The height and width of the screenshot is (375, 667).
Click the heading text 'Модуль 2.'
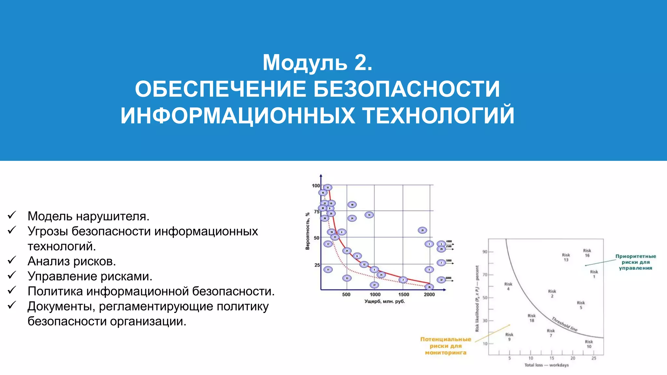tap(317, 62)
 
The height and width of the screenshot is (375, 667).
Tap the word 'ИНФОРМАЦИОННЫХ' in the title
tap(238, 116)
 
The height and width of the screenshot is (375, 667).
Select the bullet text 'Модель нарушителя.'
tap(88, 216)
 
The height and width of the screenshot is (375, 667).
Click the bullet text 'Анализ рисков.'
tap(72, 261)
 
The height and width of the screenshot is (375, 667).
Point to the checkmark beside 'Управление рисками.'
tap(12, 275)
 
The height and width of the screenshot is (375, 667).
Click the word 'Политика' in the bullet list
tap(55, 291)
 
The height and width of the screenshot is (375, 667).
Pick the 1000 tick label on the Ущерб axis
tap(375, 295)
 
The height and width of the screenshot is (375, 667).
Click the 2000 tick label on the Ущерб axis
tap(429, 295)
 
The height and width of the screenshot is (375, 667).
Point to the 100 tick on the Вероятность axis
tap(316, 186)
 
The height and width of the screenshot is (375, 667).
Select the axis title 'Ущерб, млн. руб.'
tap(385, 301)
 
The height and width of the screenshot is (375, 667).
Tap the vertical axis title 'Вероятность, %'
tap(307, 231)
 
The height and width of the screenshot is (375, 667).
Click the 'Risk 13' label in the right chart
tap(566, 257)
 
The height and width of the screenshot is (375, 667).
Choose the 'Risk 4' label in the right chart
tap(508, 286)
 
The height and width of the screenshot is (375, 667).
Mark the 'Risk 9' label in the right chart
tap(509, 337)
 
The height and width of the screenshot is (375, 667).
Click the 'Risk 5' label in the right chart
tap(581, 305)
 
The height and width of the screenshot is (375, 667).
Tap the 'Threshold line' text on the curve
tap(564, 324)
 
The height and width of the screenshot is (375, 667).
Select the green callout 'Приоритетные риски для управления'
tap(635, 262)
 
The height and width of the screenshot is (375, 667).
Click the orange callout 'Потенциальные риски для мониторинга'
tap(446, 346)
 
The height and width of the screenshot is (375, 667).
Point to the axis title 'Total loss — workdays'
tap(546, 365)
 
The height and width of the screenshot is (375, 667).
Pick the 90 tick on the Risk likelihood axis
tap(485, 252)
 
